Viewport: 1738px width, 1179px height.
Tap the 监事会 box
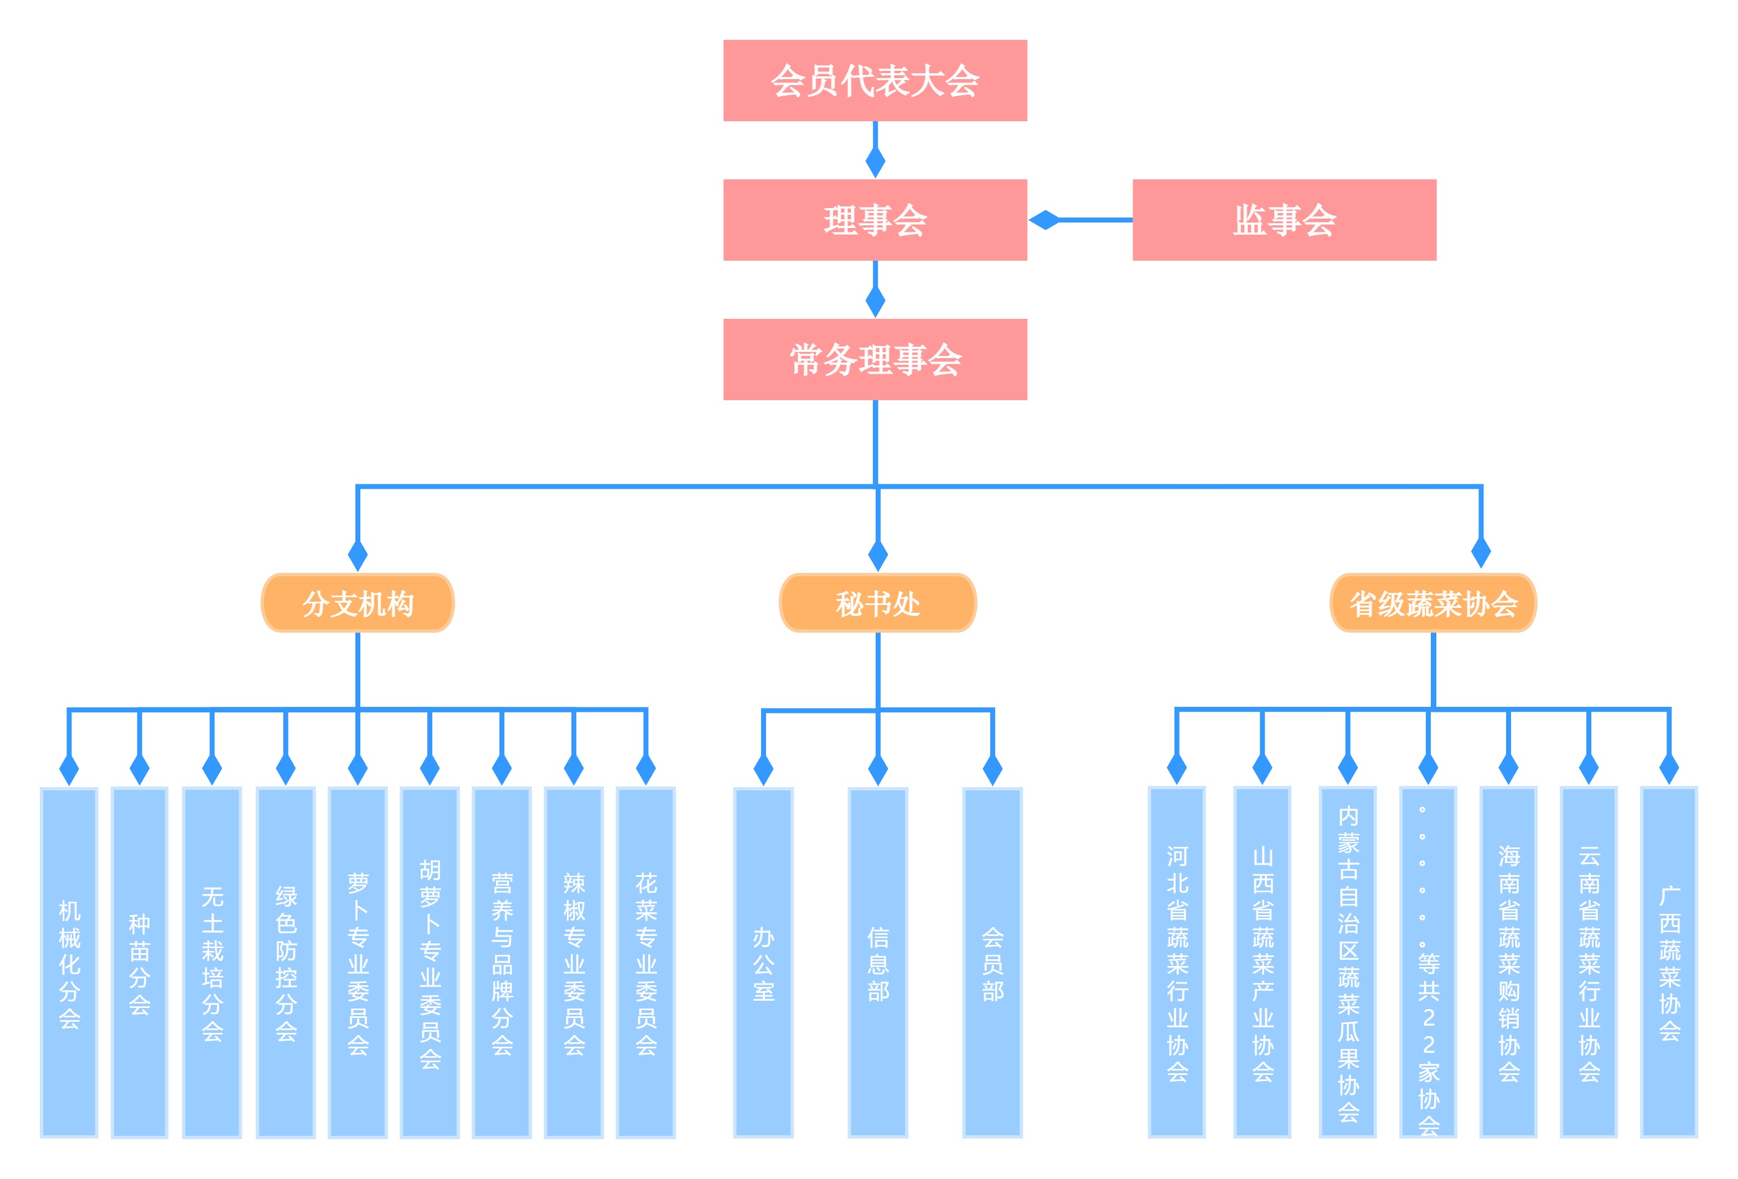(1284, 219)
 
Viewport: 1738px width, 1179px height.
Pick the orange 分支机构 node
(358, 602)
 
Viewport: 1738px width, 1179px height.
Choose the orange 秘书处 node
(877, 602)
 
